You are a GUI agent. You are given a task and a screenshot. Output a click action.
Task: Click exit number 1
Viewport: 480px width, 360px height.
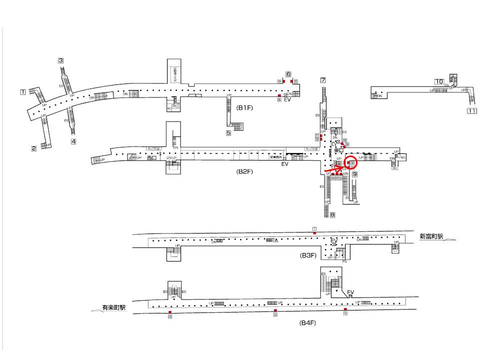point(23,92)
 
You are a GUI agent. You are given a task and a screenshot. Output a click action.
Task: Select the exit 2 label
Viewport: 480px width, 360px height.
point(34,148)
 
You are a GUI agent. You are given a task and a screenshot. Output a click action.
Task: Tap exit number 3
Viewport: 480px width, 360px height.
point(61,61)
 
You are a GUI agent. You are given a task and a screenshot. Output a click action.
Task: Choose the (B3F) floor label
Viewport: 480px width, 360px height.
point(308,255)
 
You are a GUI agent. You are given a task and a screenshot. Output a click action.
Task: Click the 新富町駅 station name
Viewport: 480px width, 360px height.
point(431,236)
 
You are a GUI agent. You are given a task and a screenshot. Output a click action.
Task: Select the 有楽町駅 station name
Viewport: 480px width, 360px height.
point(113,308)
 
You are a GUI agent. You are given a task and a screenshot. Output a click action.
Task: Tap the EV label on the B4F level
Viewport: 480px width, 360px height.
point(350,292)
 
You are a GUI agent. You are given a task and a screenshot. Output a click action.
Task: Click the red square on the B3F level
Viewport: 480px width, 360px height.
point(314,233)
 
